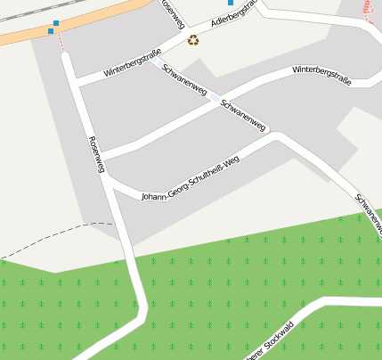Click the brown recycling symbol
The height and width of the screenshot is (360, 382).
point(193,39)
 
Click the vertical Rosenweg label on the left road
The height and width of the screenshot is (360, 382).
point(97,154)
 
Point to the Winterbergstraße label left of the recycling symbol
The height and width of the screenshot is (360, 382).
point(132,61)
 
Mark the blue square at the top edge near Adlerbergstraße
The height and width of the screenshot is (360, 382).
point(231,3)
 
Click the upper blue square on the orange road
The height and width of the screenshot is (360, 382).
point(56,23)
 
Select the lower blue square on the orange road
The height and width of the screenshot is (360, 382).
point(50,31)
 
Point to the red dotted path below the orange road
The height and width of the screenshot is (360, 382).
point(61,44)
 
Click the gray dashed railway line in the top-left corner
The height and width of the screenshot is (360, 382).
point(22,9)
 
